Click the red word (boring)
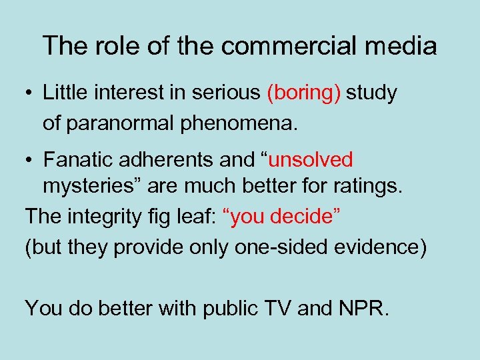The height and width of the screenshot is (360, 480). pyautogui.click(x=304, y=93)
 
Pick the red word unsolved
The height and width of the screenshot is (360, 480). pyautogui.click(x=312, y=160)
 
